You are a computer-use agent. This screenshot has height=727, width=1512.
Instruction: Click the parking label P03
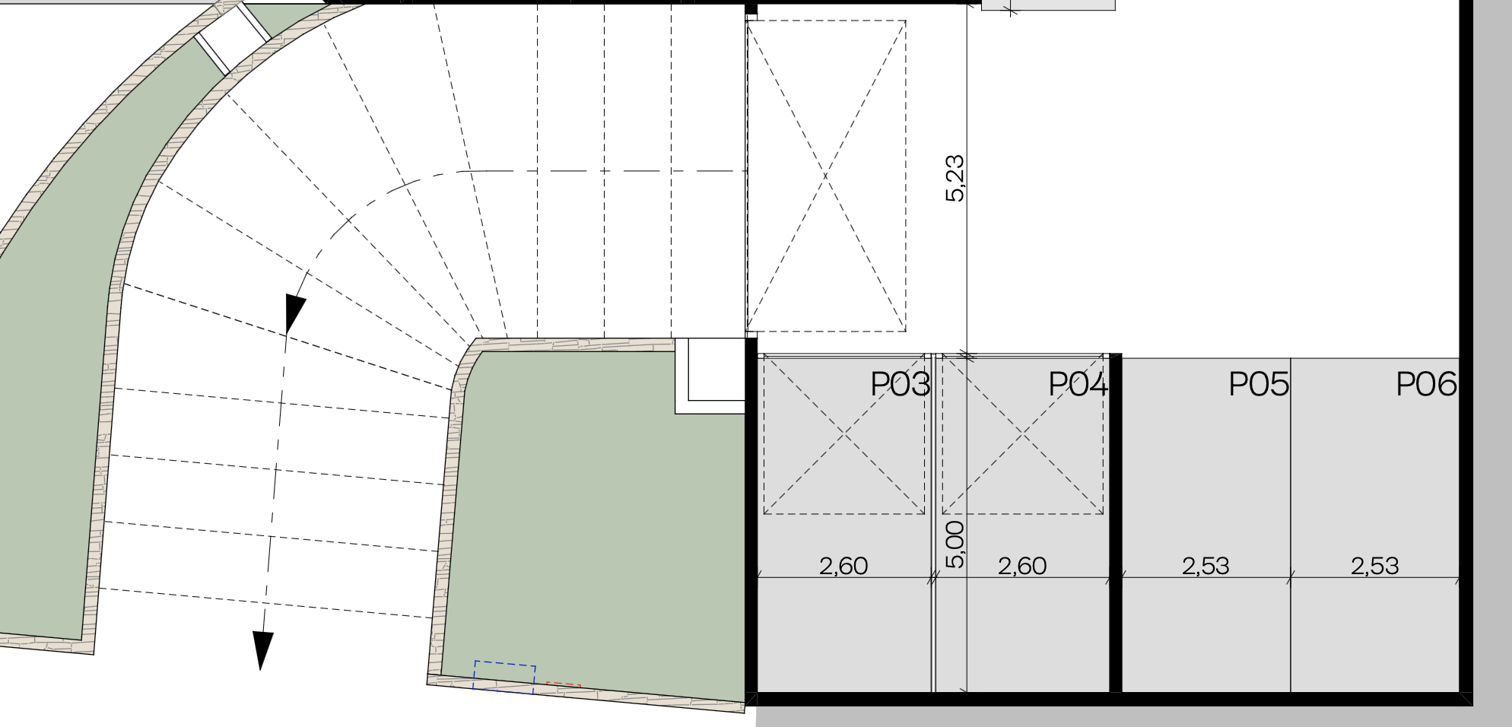click(x=901, y=385)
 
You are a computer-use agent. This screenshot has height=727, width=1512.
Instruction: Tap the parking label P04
click(x=1078, y=385)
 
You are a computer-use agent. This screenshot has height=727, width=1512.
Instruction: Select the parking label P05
click(x=1259, y=385)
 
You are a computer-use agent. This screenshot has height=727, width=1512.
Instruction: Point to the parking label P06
click(x=1427, y=385)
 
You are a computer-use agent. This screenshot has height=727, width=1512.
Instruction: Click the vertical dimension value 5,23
click(x=955, y=179)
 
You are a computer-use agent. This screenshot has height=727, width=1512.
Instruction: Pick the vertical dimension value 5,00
click(x=955, y=544)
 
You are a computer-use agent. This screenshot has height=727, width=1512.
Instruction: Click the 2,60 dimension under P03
click(x=843, y=566)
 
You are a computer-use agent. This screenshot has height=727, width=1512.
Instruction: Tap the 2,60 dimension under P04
click(x=1022, y=566)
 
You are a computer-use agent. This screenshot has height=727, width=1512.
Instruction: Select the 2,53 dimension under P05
click(x=1206, y=566)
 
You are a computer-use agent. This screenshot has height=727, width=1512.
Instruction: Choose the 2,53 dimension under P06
click(x=1375, y=566)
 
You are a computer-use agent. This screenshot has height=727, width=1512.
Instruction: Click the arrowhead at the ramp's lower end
click(x=262, y=651)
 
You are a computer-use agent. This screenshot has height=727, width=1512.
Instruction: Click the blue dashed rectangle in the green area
click(x=504, y=678)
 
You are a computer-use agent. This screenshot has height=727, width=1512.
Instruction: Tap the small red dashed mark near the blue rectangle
click(x=564, y=685)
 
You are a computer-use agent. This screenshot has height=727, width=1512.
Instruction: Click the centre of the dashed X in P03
click(x=844, y=433)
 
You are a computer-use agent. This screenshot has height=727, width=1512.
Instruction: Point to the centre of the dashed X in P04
click(x=1023, y=433)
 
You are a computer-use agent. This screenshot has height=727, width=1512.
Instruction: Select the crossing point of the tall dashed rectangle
click(x=826, y=176)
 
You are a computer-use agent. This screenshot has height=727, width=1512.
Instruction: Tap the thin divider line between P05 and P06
click(x=1291, y=525)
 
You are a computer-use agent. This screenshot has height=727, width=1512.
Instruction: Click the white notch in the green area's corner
click(x=710, y=376)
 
